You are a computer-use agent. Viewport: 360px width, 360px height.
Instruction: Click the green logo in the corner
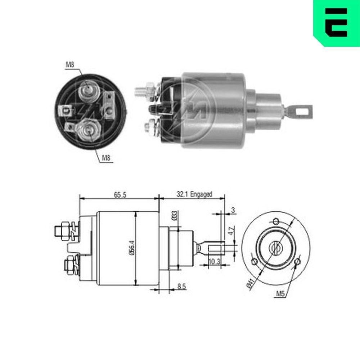click(337, 22)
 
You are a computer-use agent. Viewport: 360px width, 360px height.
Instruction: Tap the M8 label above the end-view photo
click(70, 65)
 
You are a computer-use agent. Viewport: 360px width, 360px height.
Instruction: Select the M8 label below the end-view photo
click(106, 157)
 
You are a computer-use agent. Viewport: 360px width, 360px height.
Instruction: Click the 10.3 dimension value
click(215, 262)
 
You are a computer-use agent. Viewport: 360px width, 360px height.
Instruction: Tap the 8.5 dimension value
click(181, 287)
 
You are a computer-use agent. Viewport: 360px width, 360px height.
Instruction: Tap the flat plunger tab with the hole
click(300, 112)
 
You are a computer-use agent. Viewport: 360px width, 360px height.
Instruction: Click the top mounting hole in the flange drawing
click(276, 221)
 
